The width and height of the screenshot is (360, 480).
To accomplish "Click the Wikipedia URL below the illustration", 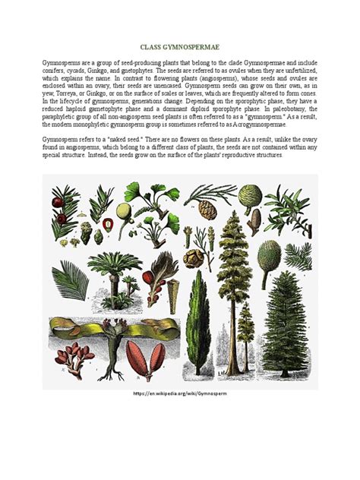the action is (180, 396).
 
